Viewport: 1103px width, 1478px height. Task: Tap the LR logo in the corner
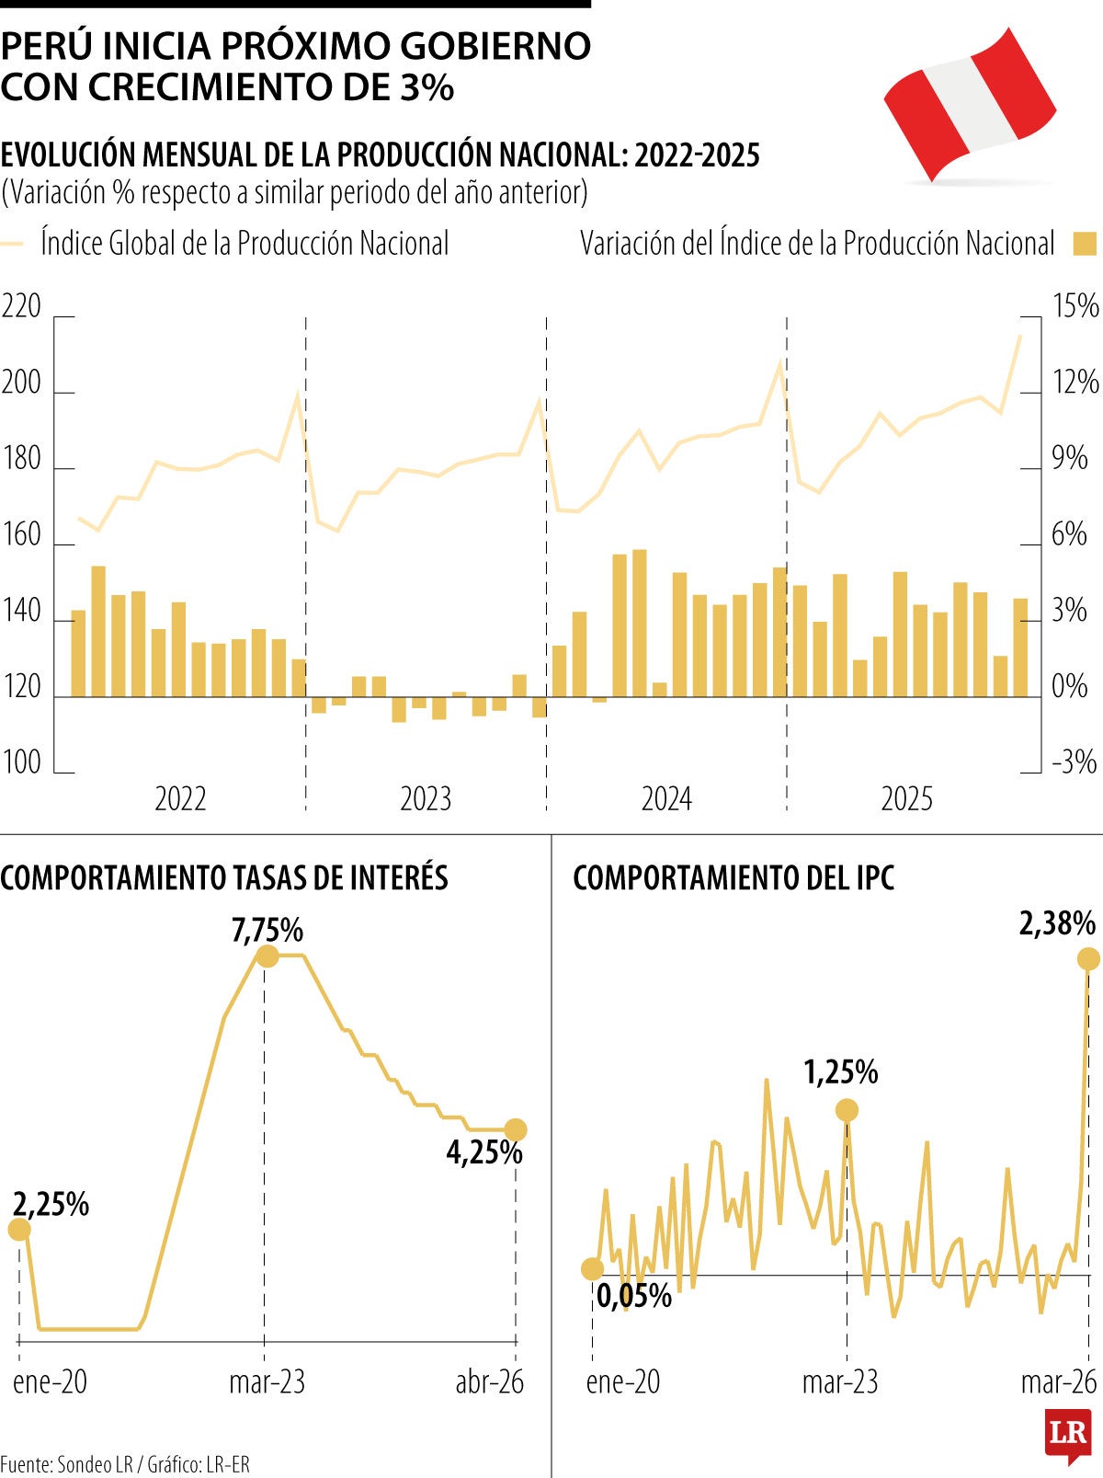click(x=1067, y=1433)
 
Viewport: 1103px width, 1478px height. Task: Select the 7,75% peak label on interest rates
click(x=267, y=930)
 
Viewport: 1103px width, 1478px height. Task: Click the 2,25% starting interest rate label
click(x=51, y=1203)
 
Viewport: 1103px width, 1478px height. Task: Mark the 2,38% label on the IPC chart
click(x=1057, y=922)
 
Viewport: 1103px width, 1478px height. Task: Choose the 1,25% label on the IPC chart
click(x=840, y=1072)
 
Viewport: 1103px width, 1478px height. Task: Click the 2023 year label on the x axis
click(x=426, y=798)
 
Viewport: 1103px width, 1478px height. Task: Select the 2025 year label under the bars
click(x=906, y=798)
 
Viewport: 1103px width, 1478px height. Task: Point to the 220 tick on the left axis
click(x=21, y=306)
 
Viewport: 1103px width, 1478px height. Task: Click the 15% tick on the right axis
click(x=1075, y=306)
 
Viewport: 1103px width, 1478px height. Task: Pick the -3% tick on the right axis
click(x=1073, y=762)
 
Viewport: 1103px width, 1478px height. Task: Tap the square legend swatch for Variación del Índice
click(x=1086, y=244)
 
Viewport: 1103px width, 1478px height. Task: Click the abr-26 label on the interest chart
click(x=489, y=1381)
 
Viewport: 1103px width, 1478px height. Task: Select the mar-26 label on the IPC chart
click(x=1059, y=1381)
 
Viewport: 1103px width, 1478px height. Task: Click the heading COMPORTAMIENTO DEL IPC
click(x=733, y=878)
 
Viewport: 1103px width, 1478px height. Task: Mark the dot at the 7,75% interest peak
click(x=267, y=957)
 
